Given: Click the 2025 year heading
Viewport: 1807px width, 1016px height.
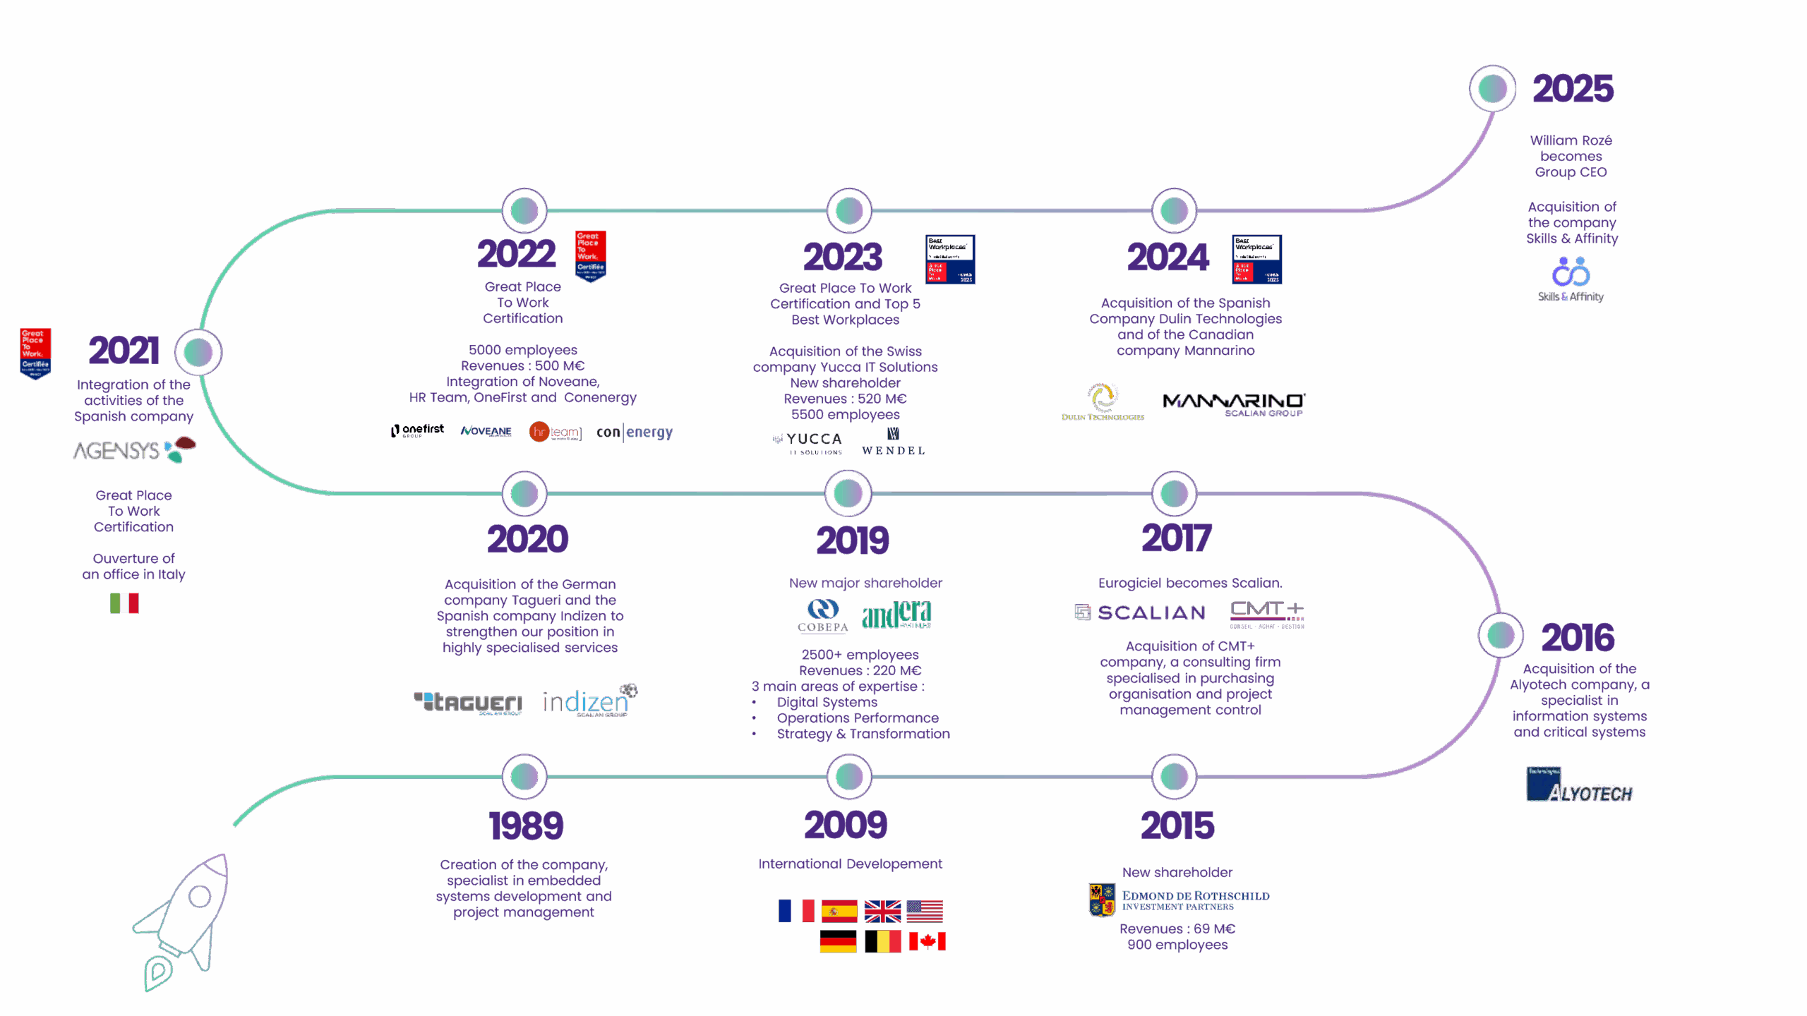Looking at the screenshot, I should pyautogui.click(x=1573, y=89).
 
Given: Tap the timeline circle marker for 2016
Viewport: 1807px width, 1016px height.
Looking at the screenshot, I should pyautogui.click(x=1501, y=635).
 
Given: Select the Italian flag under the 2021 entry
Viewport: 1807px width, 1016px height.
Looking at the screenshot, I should pyautogui.click(x=124, y=603).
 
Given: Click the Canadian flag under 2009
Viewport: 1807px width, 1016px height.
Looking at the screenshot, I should pyautogui.click(x=927, y=941).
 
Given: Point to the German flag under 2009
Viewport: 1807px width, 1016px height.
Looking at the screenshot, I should pyautogui.click(x=838, y=941).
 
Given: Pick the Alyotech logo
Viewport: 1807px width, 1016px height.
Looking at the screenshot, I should pyautogui.click(x=1580, y=785).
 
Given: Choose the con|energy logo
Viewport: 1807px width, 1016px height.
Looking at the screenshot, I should pyautogui.click(x=635, y=432).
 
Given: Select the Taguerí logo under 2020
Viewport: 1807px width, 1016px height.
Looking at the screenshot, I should pyautogui.click(x=468, y=702).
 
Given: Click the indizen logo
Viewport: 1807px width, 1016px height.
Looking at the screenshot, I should pyautogui.click(x=589, y=701).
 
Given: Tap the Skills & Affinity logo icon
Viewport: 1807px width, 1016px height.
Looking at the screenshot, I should pyautogui.click(x=1571, y=272).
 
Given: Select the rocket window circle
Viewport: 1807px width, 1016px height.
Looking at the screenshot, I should pyautogui.click(x=200, y=896).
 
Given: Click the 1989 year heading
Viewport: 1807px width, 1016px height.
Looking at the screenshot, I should pyautogui.click(x=526, y=825).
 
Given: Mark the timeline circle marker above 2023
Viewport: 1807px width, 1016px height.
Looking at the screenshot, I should pyautogui.click(x=849, y=210).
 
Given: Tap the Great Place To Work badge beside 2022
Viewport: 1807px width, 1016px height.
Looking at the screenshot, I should pyautogui.click(x=591, y=255).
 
